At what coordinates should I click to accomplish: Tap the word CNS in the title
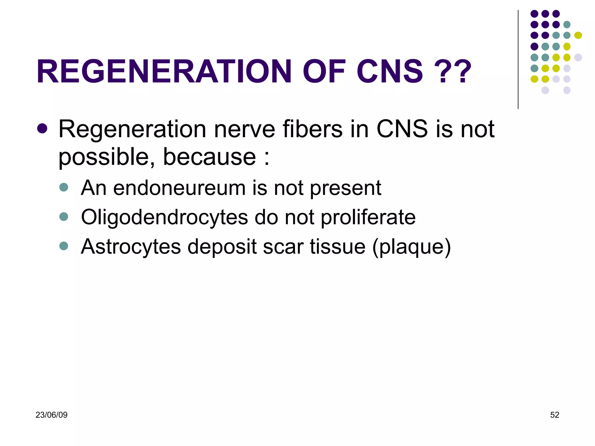(390, 71)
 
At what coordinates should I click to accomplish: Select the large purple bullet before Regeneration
(42, 129)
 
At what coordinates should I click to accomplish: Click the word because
(209, 157)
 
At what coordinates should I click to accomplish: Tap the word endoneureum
(179, 188)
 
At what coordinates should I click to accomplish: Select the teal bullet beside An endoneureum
(64, 187)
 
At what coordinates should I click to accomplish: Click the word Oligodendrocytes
(164, 217)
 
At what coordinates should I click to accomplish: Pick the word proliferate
(368, 217)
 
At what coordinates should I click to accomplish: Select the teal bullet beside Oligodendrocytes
(64, 216)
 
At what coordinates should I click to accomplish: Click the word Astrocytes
(131, 247)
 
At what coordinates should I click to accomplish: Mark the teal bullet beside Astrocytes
(64, 246)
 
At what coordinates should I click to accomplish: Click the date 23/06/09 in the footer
(51, 415)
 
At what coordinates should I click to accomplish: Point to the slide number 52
(554, 415)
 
